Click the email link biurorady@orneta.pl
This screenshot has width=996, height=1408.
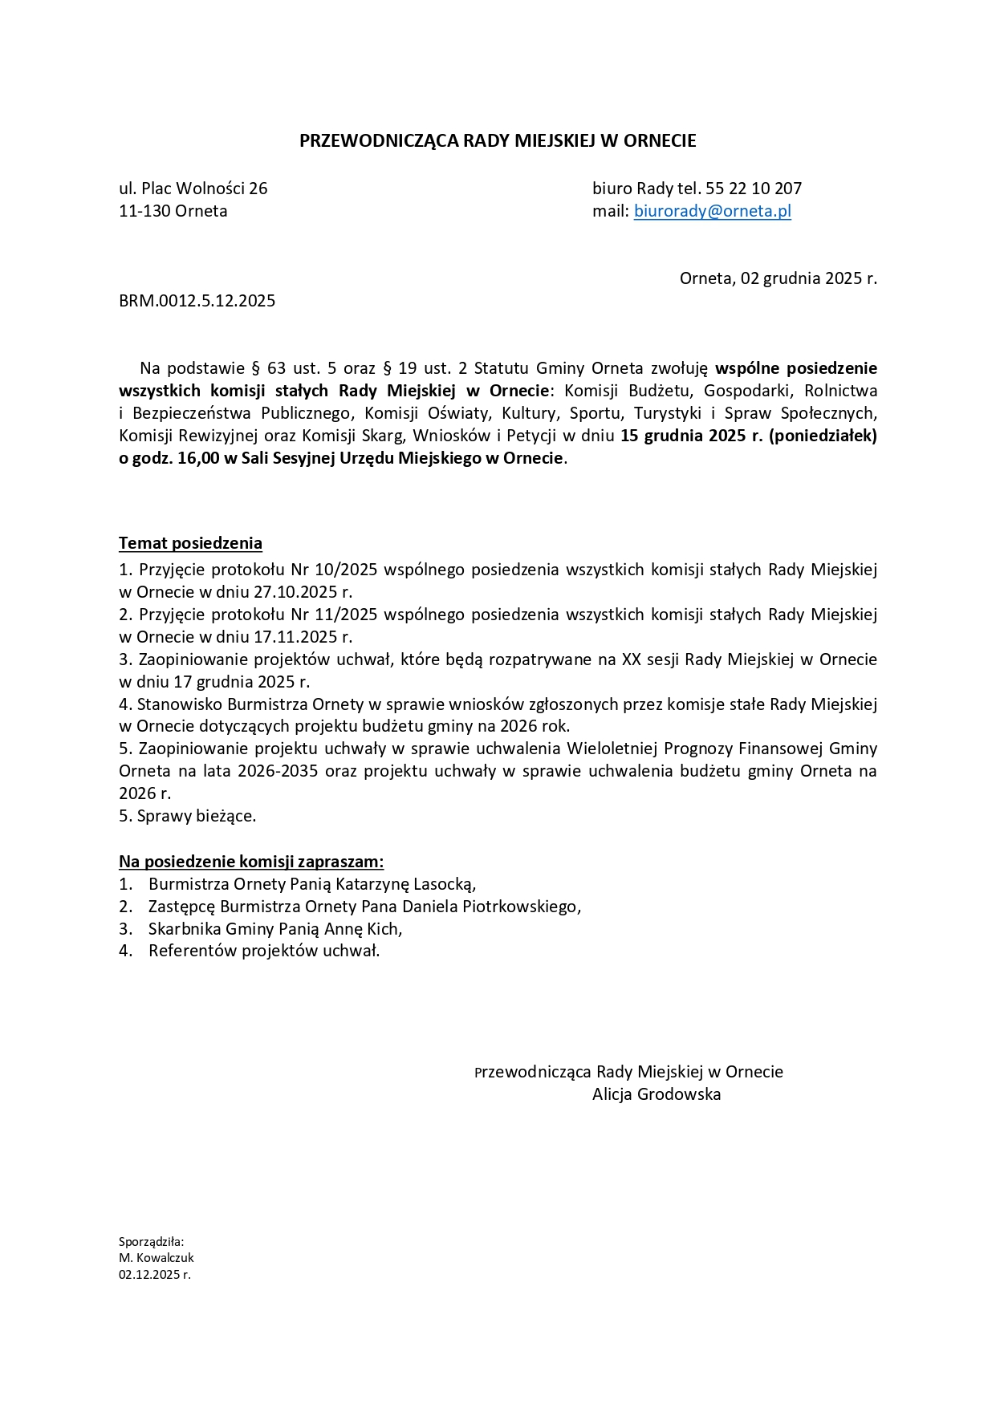click(x=712, y=211)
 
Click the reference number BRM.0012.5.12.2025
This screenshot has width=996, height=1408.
click(x=197, y=301)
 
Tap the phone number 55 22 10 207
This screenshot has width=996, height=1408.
click(x=754, y=189)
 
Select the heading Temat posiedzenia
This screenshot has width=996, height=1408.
click(x=190, y=543)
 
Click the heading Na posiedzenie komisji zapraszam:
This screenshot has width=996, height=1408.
click(x=251, y=862)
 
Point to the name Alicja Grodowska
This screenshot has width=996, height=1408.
click(x=656, y=1094)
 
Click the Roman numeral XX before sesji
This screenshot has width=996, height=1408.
click(x=631, y=659)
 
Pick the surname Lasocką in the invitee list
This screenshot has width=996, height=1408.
click(x=445, y=884)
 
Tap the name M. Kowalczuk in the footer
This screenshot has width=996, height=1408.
click(x=156, y=1258)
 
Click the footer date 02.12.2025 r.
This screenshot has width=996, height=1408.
click(x=154, y=1274)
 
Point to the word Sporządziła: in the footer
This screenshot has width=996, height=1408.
click(x=152, y=1242)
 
